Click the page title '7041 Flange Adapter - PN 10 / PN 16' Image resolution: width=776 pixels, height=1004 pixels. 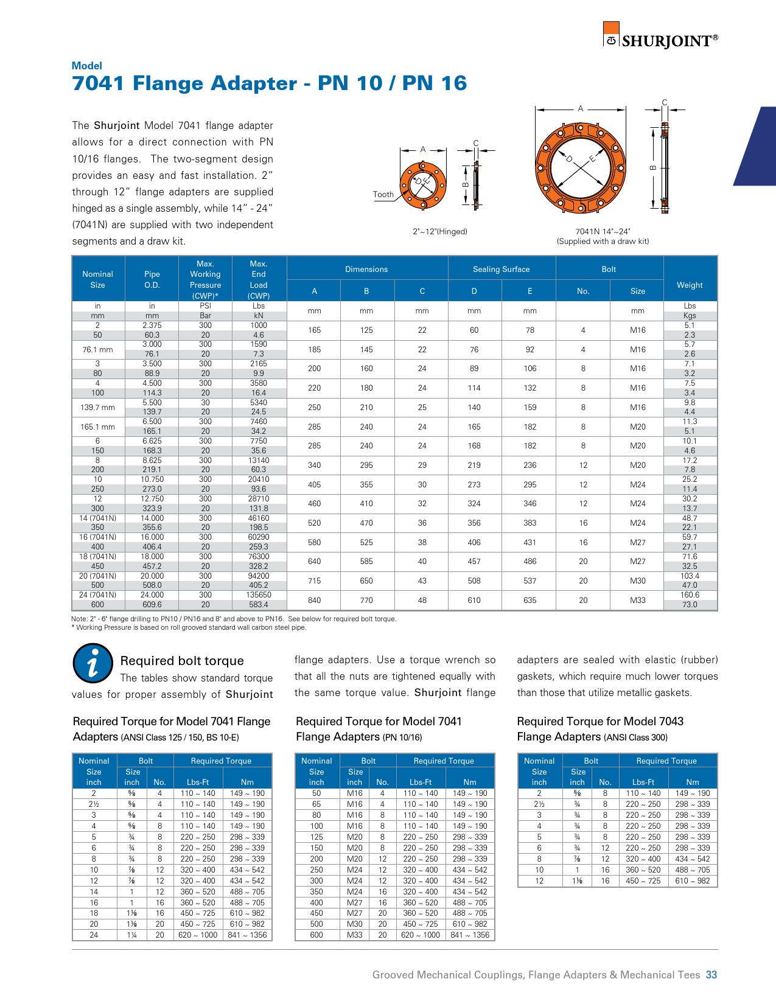[269, 83]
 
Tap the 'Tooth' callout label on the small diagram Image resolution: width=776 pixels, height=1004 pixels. [383, 195]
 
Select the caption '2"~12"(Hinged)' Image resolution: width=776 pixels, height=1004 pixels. [439, 232]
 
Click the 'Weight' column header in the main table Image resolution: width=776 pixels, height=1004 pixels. [690, 285]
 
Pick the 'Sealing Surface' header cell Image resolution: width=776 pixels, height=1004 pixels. [501, 269]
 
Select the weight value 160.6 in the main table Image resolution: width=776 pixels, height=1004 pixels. [690, 595]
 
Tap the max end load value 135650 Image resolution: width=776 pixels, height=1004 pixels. [259, 595]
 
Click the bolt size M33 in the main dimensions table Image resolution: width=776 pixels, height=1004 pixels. [637, 600]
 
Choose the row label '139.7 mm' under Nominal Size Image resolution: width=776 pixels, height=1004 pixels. [97, 407]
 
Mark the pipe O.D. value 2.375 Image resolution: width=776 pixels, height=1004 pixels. [152, 326]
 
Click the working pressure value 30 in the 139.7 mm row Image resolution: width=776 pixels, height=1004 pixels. [205, 403]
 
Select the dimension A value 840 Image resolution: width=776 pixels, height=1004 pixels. [314, 600]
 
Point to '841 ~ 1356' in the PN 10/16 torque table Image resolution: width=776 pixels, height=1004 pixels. [470, 935]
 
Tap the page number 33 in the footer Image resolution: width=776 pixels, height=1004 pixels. [711, 975]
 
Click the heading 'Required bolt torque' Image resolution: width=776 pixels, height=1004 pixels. [182, 661]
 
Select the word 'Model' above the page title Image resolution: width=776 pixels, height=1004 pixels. [87, 66]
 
